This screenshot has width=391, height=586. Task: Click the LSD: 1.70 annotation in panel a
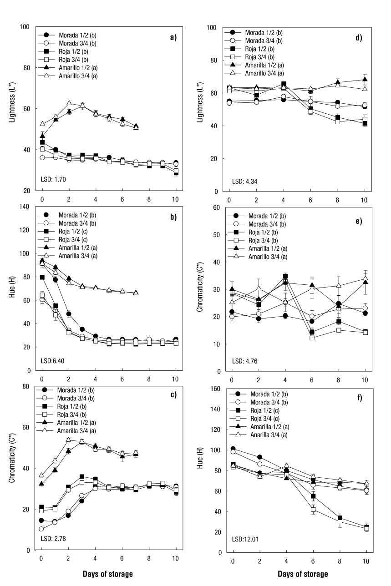coord(54,180)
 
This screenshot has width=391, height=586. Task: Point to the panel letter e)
coord(359,222)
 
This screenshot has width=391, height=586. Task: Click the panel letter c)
coord(173,394)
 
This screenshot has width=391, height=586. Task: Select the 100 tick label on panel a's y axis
coord(25,27)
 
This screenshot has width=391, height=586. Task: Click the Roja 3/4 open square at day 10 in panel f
coord(366,528)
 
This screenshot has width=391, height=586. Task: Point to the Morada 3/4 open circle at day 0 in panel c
coord(42,529)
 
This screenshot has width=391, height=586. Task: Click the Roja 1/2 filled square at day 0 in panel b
coord(42,277)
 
